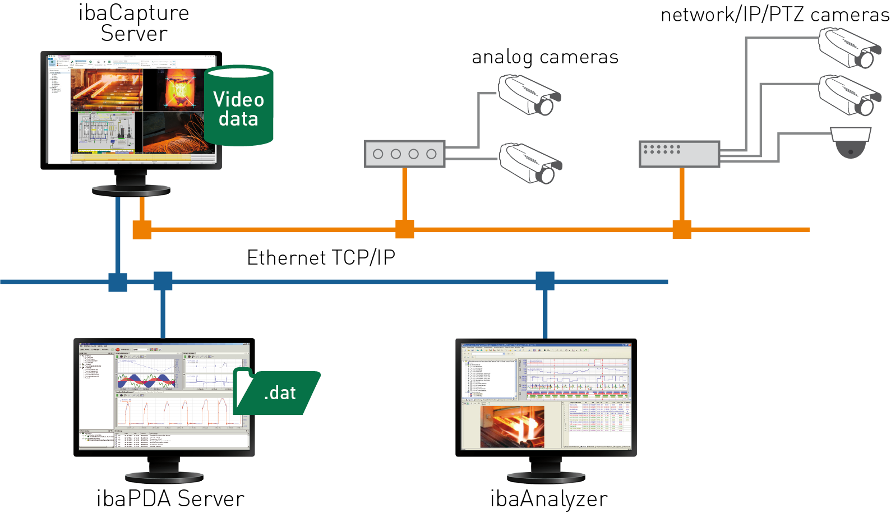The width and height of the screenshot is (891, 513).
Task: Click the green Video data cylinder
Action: (238, 107)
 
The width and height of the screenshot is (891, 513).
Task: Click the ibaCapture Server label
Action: (133, 23)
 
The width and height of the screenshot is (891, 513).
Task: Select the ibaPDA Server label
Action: (170, 498)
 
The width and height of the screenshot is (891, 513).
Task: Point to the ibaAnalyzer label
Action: (548, 498)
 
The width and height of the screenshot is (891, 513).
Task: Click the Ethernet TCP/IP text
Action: (321, 258)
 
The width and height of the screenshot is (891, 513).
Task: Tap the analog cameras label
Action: (544, 57)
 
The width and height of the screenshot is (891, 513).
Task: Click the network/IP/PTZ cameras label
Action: (774, 15)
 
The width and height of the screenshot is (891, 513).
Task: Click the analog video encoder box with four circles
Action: (404, 154)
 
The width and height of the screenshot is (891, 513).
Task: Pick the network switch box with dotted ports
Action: (679, 154)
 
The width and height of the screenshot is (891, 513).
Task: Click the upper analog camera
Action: (529, 96)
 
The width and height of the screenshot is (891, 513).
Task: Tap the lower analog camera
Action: (529, 163)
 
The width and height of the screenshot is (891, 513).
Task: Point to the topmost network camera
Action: (849, 48)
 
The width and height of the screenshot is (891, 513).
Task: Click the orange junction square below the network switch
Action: (682, 229)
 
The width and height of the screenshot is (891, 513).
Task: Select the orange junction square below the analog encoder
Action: (405, 229)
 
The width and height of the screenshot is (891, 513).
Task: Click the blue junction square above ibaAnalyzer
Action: (545, 281)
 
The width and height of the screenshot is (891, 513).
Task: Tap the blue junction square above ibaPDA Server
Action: (163, 281)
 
